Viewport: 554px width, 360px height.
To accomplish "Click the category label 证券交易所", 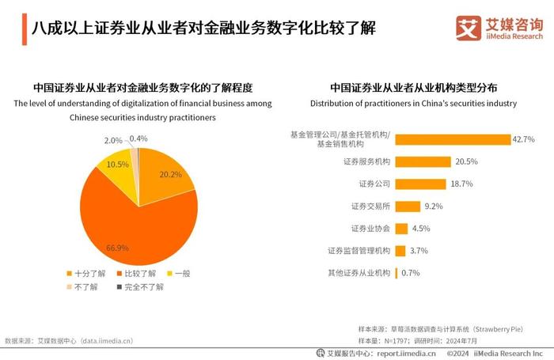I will tap(370, 207).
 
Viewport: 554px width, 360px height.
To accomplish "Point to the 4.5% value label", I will tap(422, 229).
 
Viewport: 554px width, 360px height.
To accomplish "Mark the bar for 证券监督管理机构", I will tap(400, 251).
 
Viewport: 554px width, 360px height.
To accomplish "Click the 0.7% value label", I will tap(410, 273).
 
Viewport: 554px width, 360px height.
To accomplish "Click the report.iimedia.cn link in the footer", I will tap(406, 353).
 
